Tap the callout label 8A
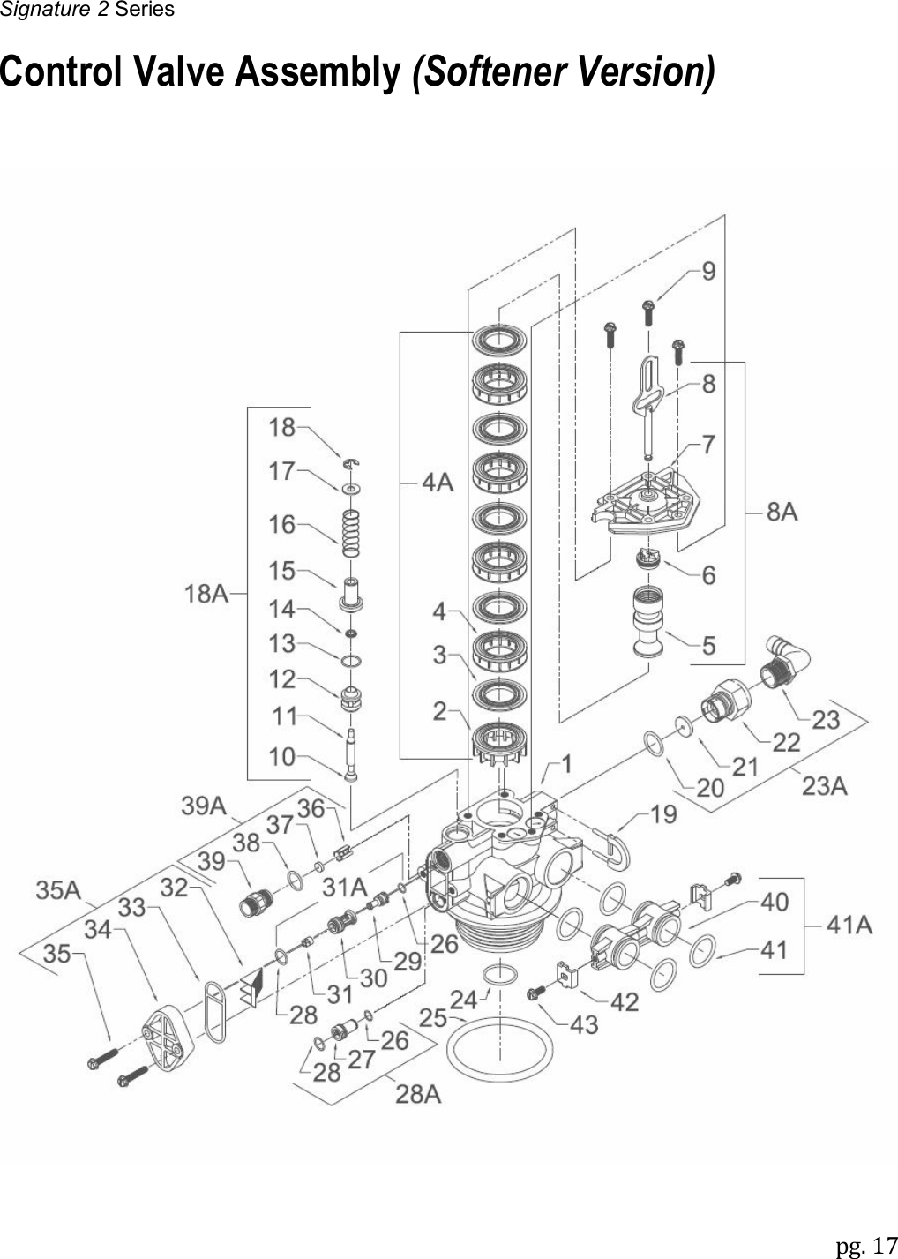[782, 511]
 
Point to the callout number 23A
[824, 783]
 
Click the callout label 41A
[849, 925]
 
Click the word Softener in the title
[492, 72]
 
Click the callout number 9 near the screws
[708, 272]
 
